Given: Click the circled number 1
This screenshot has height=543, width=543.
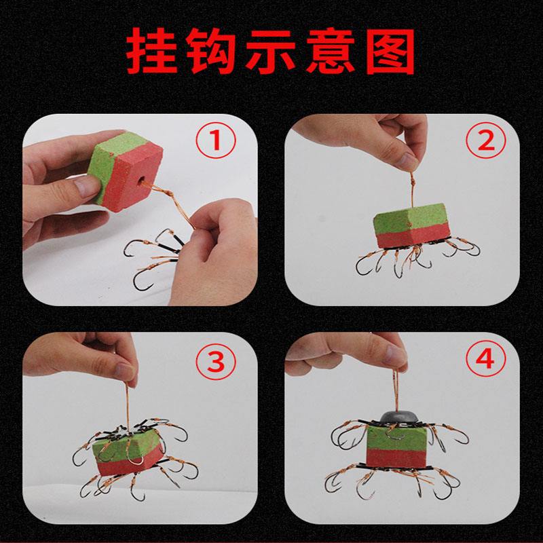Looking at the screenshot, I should point(216,142).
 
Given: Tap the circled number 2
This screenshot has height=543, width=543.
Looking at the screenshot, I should point(487,141).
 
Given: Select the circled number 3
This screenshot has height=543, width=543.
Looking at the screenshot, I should point(216,363).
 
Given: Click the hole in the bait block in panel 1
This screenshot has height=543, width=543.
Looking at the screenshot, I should point(142,181).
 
